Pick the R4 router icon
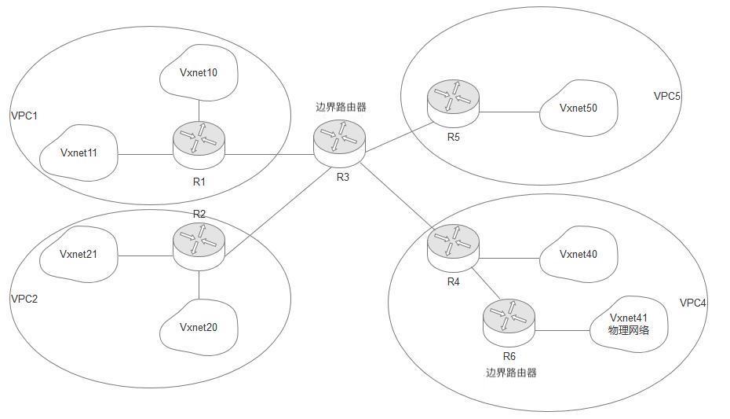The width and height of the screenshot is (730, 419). (453, 244)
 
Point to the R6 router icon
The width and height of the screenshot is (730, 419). (509, 319)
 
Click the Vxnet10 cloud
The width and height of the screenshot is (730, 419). (198, 74)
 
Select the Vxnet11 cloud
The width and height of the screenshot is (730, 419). (79, 153)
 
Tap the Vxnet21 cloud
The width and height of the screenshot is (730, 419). (79, 254)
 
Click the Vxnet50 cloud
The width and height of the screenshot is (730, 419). (579, 108)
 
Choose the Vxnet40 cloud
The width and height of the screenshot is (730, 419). (579, 254)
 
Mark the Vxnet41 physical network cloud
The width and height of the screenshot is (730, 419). (628, 324)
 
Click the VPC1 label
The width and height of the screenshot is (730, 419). (24, 116)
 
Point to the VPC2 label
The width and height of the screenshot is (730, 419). (24, 299)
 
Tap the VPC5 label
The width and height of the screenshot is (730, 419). (667, 96)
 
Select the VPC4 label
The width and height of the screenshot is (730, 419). (693, 303)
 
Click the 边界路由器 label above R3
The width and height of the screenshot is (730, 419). (341, 108)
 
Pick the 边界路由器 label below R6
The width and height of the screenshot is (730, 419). (510, 373)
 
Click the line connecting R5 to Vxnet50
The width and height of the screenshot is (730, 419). (509, 112)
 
